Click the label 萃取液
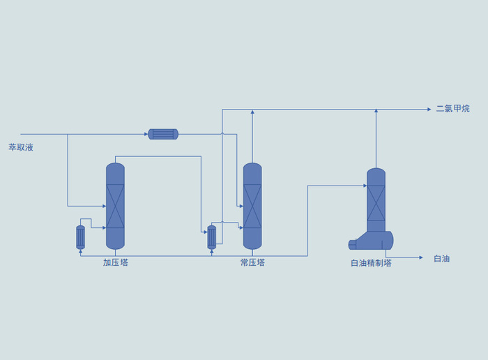point(21,147)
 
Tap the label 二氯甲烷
point(452,109)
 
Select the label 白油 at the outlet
point(441,258)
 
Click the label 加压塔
point(116,262)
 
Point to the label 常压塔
point(252,262)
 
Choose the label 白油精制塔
point(371,263)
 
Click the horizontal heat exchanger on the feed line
point(163,134)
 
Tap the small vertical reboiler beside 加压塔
point(81,237)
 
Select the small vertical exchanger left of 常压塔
point(212,237)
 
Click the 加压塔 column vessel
point(116,206)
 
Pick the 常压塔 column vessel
point(252,206)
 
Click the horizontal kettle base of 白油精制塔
point(371,241)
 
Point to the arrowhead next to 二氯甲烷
point(429,110)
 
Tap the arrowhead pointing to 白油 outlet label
point(421,257)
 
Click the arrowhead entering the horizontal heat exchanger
point(146,134)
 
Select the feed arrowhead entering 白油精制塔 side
point(365,186)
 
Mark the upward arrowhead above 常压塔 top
point(252,112)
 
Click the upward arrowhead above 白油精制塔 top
point(376,111)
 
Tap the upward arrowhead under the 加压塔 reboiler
point(81,251)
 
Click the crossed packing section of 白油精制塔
point(376,203)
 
